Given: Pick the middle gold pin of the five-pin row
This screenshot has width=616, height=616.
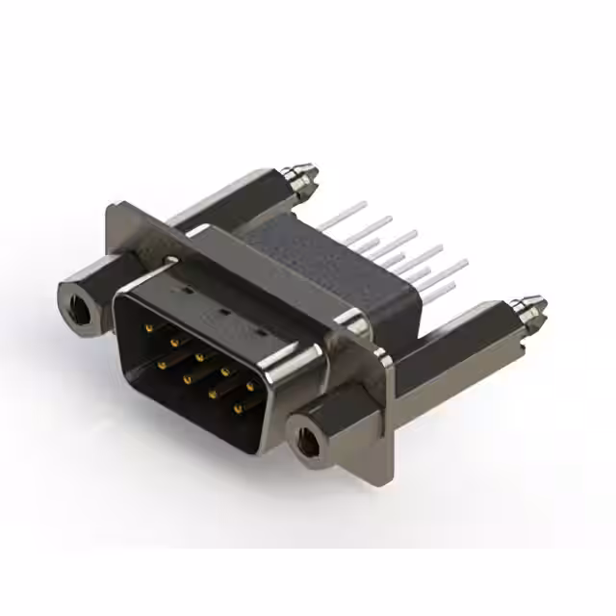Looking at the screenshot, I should (199, 357).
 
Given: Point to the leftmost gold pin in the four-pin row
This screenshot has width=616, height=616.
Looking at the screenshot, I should (161, 366).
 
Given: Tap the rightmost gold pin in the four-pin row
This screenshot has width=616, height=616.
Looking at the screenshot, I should (237, 409).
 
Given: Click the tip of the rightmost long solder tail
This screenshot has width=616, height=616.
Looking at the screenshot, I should (465, 261).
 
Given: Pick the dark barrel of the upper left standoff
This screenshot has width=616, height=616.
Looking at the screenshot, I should (231, 202).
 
